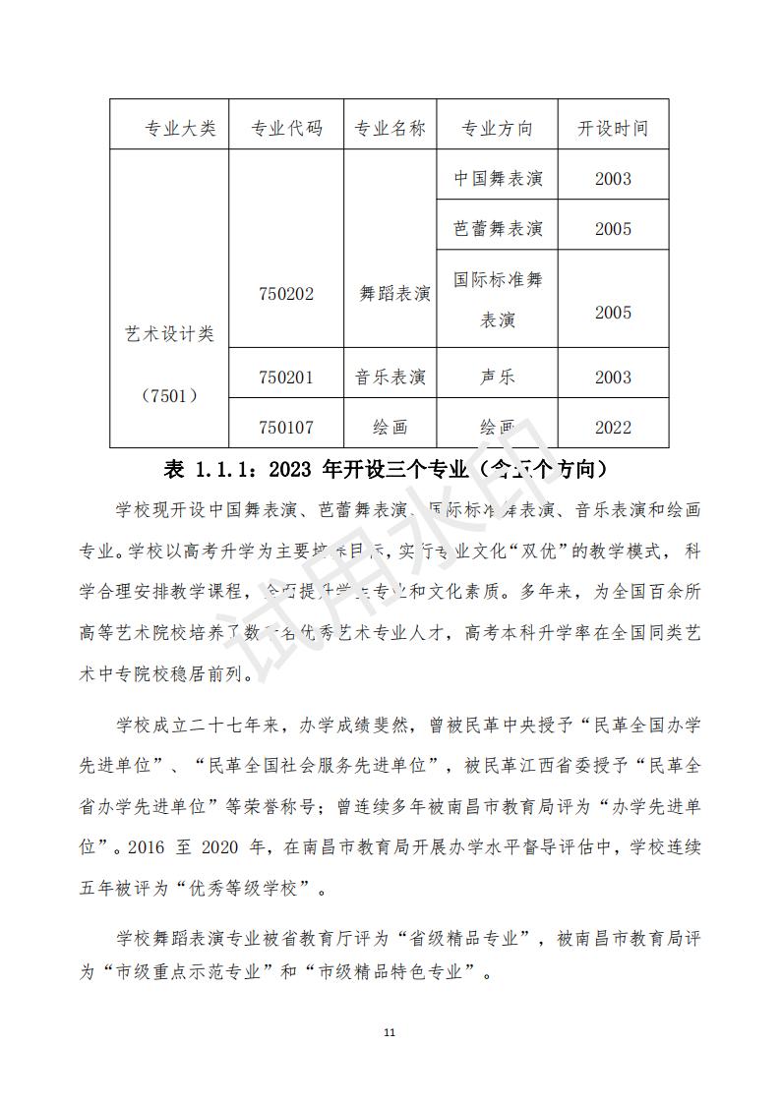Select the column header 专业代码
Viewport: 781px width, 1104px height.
tap(286, 129)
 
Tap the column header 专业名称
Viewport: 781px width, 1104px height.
tap(390, 129)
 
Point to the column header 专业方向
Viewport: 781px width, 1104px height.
tap(498, 129)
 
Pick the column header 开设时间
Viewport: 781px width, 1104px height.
tap(613, 129)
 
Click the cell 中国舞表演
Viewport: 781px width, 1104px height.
tap(498, 179)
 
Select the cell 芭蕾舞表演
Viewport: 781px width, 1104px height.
tap(498, 229)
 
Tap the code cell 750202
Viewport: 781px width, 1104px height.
tap(286, 294)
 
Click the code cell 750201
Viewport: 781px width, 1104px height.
tap(286, 378)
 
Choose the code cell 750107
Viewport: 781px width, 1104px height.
tap(286, 428)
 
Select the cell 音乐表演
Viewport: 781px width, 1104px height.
tap(390, 378)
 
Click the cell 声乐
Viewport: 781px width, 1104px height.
tap(498, 378)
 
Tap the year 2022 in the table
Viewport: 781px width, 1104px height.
tap(613, 428)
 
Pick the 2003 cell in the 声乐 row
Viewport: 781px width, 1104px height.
tap(613, 378)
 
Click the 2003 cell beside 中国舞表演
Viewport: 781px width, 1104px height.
tap(613, 179)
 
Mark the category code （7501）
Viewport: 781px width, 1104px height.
tap(169, 396)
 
